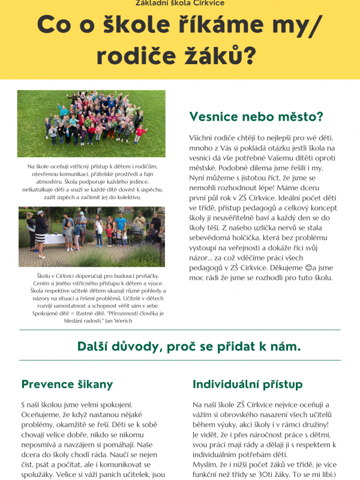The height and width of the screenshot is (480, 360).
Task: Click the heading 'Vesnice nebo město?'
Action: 256,116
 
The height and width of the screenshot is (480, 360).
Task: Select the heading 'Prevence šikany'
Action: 67,384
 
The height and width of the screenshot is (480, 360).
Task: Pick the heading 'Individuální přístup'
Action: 247,384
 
